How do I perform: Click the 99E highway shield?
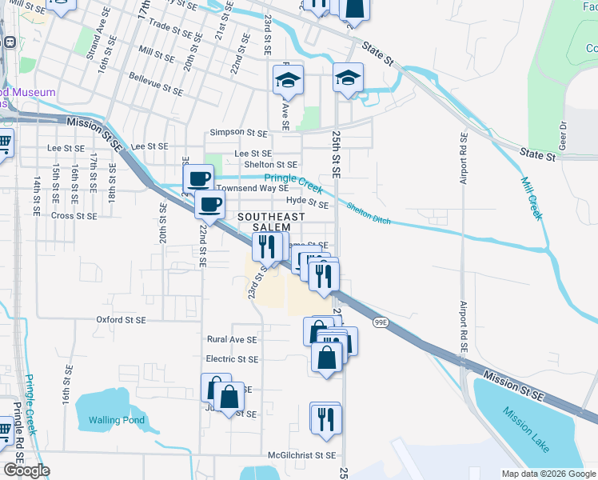coord(380,321)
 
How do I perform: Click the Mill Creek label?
coord(530,198)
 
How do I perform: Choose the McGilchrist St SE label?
coord(302,455)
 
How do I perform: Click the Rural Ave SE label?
coord(232,340)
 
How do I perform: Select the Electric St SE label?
coord(232,360)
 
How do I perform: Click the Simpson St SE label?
coord(237,132)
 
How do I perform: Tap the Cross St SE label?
coord(74,216)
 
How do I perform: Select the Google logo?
coord(26,470)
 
